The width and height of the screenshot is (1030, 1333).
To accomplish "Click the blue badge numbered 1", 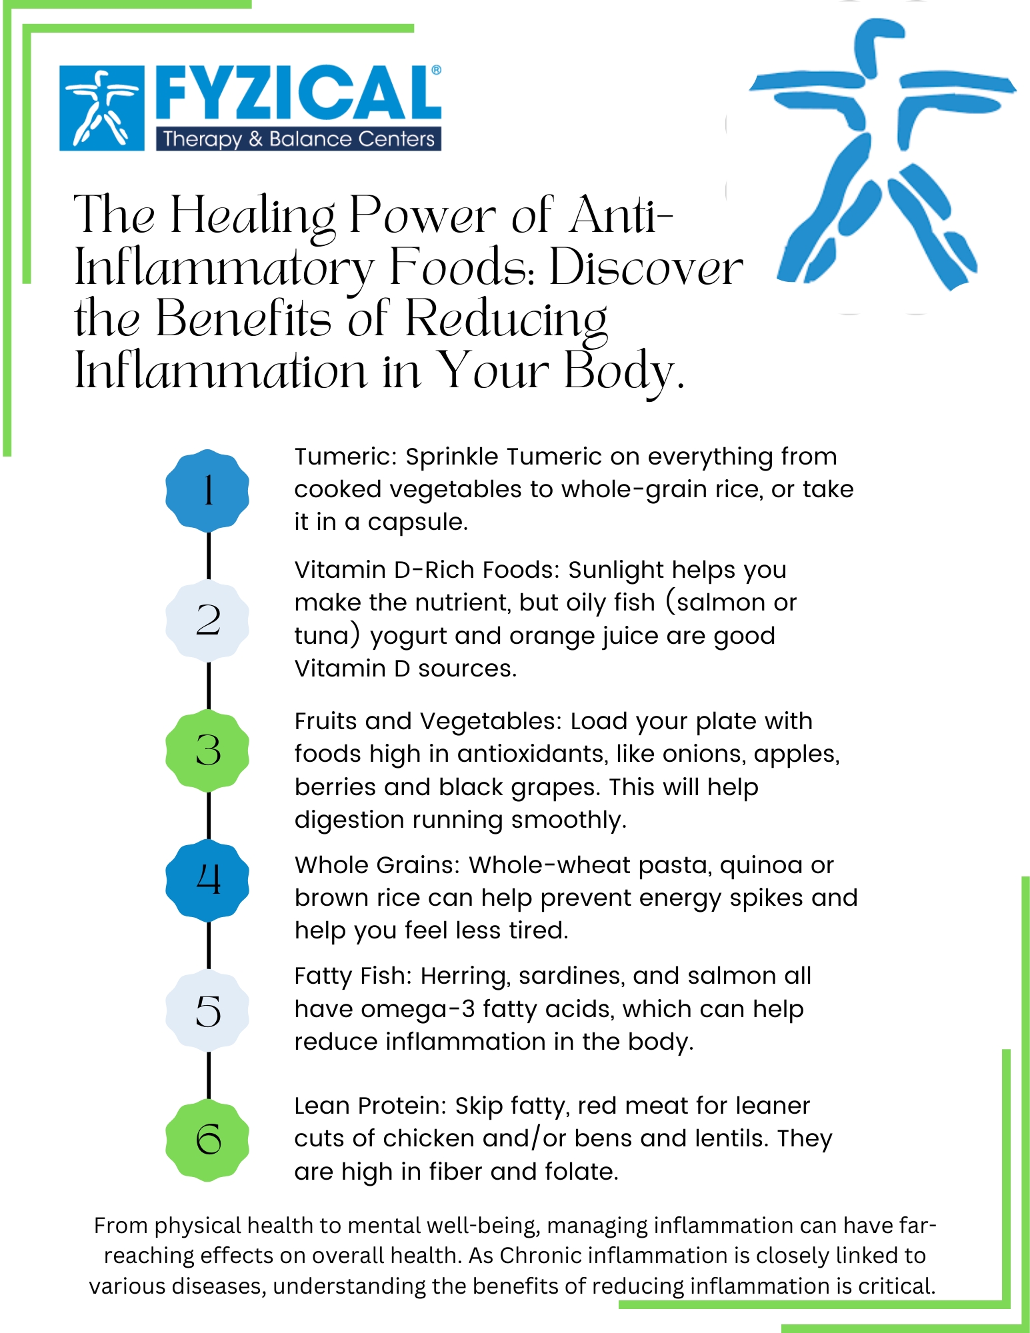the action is [x=207, y=491].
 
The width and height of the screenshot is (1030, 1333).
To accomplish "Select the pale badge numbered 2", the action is [x=207, y=621].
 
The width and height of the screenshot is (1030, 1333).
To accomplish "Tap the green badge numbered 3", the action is [x=207, y=750].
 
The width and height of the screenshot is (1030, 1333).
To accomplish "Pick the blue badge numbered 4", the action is [x=207, y=880].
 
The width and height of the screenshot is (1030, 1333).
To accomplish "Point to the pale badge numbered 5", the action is [x=207, y=1010].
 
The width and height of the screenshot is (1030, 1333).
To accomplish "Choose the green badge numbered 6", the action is [x=207, y=1140].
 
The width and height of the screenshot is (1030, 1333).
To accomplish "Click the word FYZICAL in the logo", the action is [x=297, y=94].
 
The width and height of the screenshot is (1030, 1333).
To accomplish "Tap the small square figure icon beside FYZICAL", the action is [x=102, y=108].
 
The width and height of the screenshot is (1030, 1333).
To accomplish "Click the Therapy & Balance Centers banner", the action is [x=299, y=139].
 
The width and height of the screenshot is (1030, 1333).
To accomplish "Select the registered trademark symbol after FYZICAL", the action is [x=436, y=70].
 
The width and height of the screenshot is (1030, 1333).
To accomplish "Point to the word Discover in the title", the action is [x=646, y=267].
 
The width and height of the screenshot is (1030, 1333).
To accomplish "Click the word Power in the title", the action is [x=423, y=215].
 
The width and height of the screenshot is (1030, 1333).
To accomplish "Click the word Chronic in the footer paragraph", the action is [x=541, y=1256].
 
